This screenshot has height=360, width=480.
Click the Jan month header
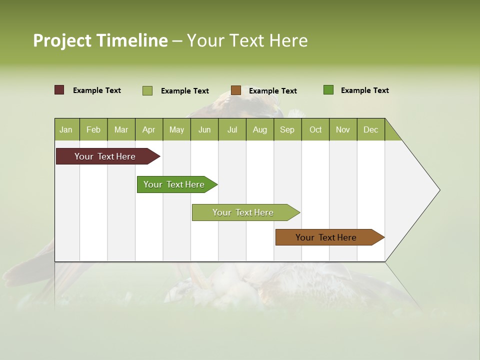(66, 129)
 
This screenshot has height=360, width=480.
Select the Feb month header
(93, 129)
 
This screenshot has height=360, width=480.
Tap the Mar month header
(121, 129)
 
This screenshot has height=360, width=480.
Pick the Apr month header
(148, 129)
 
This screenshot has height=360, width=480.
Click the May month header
(176, 129)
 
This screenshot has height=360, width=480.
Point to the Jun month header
(204, 129)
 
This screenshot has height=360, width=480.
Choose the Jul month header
(232, 129)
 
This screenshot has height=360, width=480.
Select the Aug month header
(260, 129)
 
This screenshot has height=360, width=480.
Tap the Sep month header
(287, 129)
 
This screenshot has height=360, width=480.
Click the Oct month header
(315, 129)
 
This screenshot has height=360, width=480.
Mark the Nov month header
(343, 129)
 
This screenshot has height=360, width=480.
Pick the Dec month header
(370, 129)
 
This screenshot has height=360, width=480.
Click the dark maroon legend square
(59, 90)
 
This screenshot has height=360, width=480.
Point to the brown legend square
(236, 90)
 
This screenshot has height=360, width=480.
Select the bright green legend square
(328, 90)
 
